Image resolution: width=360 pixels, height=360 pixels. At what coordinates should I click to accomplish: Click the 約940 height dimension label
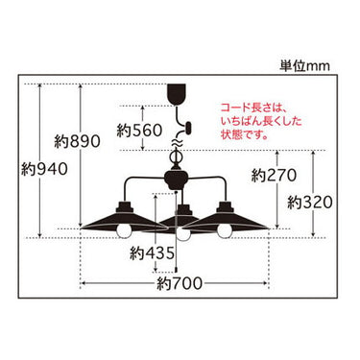tap(44, 169)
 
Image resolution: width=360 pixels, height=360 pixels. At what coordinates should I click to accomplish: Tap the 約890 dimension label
tap(77, 141)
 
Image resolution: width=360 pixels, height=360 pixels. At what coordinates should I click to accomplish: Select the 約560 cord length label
tap(139, 131)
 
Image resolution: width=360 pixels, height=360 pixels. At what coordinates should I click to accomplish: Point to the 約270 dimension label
tap(274, 176)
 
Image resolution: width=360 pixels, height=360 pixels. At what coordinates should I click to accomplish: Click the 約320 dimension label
tap(310, 203)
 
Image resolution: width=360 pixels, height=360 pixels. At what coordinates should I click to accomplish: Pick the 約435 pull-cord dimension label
tap(153, 253)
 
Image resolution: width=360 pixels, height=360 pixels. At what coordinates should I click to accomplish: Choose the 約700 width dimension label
tap(180, 283)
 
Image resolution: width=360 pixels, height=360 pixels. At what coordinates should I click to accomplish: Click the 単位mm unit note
tap(304, 66)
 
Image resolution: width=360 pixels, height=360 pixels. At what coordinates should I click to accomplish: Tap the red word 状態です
tap(245, 134)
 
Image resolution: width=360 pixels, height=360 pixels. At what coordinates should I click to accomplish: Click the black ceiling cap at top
tap(177, 94)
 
